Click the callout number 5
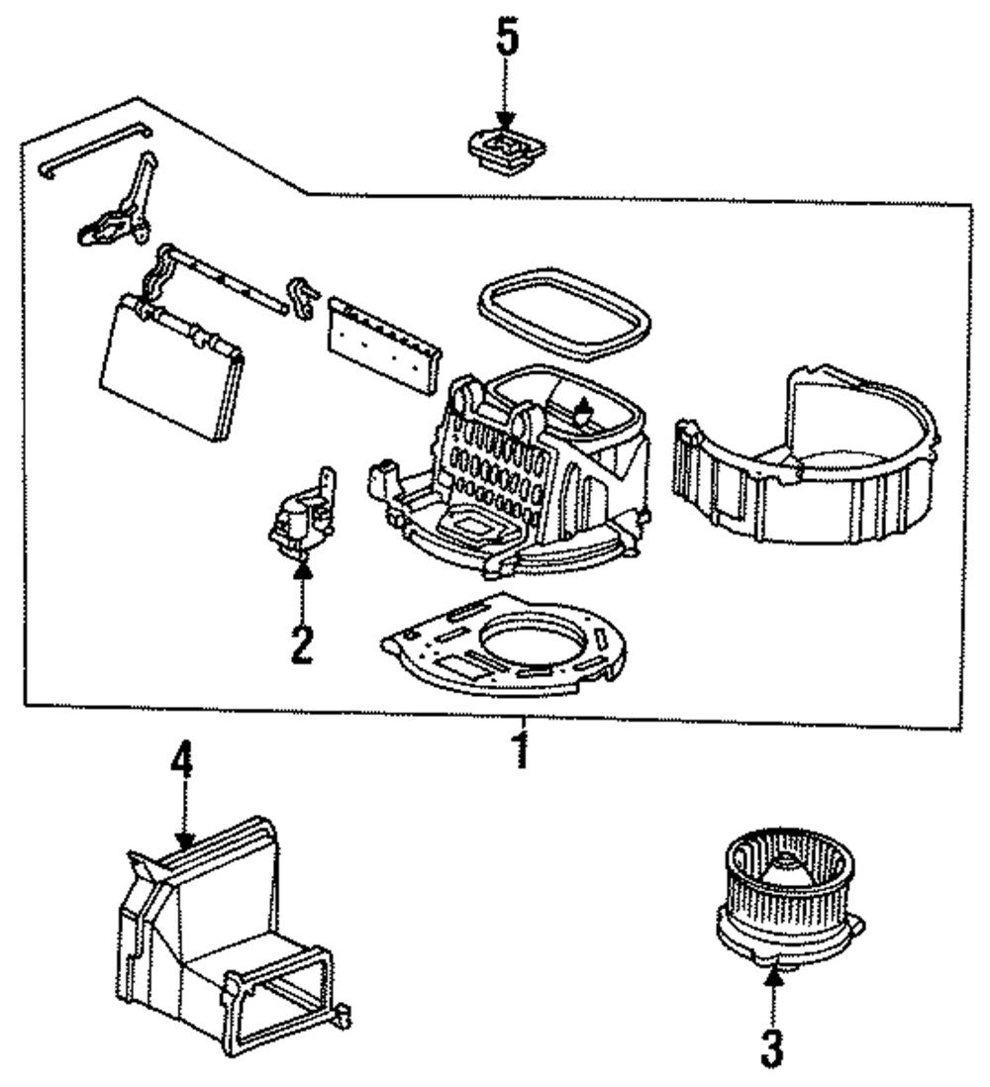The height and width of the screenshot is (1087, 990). (507, 40)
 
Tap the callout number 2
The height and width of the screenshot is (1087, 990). (302, 644)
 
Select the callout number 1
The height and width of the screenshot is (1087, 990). (522, 750)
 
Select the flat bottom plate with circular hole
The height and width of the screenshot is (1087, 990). (503, 644)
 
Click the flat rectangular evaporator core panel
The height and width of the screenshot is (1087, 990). (172, 367)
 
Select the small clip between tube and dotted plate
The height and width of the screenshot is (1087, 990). (302, 297)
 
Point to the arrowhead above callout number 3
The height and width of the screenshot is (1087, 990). (774, 975)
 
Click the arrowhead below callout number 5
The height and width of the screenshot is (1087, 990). (506, 120)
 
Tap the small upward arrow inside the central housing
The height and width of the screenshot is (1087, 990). (584, 408)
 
